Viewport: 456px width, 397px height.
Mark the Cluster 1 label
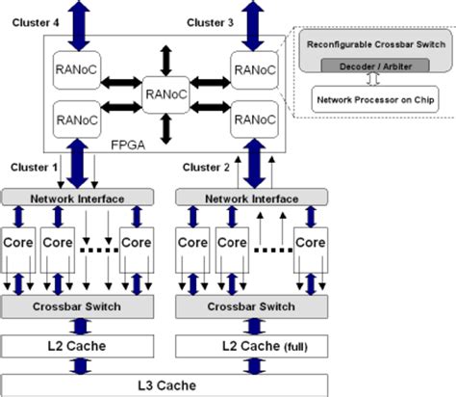(33, 167)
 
